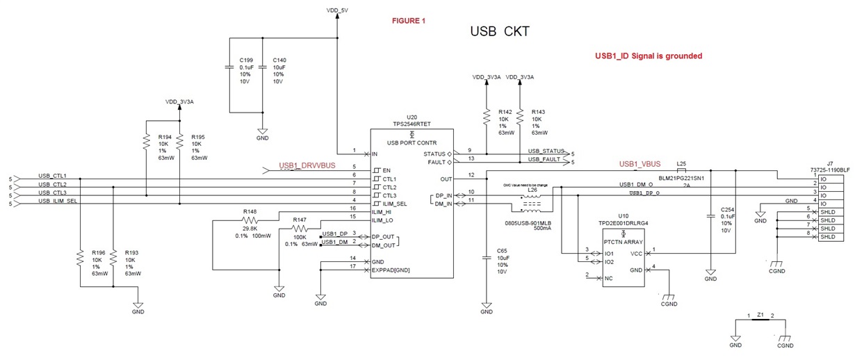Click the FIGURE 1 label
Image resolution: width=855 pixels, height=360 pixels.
coord(409,21)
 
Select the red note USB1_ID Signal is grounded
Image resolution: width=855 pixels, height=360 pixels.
coord(649,56)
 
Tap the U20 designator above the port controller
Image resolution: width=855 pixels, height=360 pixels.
coord(412,117)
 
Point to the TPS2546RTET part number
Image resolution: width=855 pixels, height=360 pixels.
coord(412,124)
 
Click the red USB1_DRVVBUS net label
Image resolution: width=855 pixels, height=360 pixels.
coord(307,166)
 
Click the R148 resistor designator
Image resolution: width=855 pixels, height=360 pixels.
coord(250,212)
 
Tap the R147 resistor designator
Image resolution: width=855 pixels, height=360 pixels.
coord(300,220)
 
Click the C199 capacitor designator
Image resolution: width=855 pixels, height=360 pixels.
coord(246,60)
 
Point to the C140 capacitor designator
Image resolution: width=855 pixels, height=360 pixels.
coord(280,60)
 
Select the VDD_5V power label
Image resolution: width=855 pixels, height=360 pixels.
coord(337,10)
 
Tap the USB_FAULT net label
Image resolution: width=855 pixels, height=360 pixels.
coord(544,160)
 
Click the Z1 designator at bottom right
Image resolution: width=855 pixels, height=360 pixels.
coord(760,314)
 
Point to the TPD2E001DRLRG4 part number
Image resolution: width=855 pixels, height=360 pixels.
coord(624,223)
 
